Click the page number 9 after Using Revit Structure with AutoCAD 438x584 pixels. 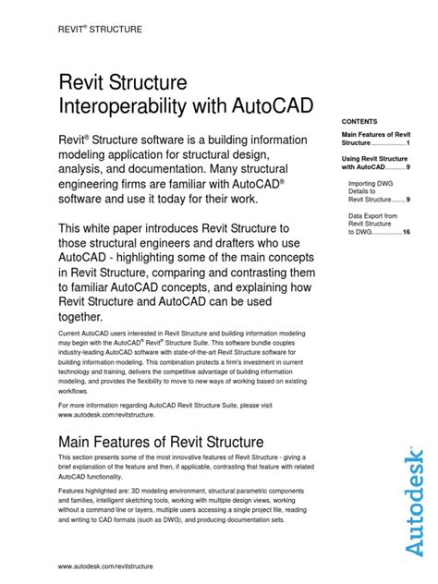pos(408,168)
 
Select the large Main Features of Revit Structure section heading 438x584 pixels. pos(161,442)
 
